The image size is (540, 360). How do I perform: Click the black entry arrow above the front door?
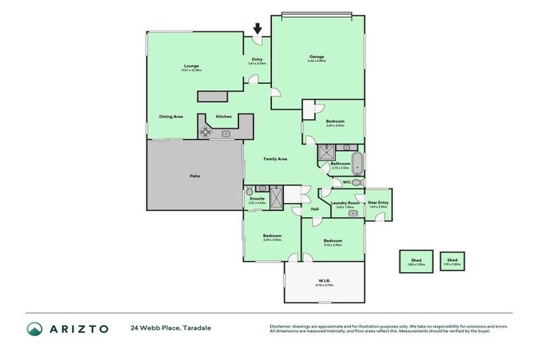257,29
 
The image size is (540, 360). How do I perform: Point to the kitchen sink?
226,133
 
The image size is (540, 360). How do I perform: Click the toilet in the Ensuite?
250,191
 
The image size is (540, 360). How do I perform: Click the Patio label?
195,176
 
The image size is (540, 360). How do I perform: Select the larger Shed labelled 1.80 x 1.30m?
416,262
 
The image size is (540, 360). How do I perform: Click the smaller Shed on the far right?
452,261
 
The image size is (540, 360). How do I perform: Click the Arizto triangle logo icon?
35,328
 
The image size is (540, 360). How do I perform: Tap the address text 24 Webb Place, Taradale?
170,328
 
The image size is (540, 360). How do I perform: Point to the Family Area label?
275,159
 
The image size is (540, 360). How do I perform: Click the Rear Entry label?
378,203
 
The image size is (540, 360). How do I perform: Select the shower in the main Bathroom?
326,152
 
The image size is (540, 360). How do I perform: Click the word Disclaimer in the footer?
281,326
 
